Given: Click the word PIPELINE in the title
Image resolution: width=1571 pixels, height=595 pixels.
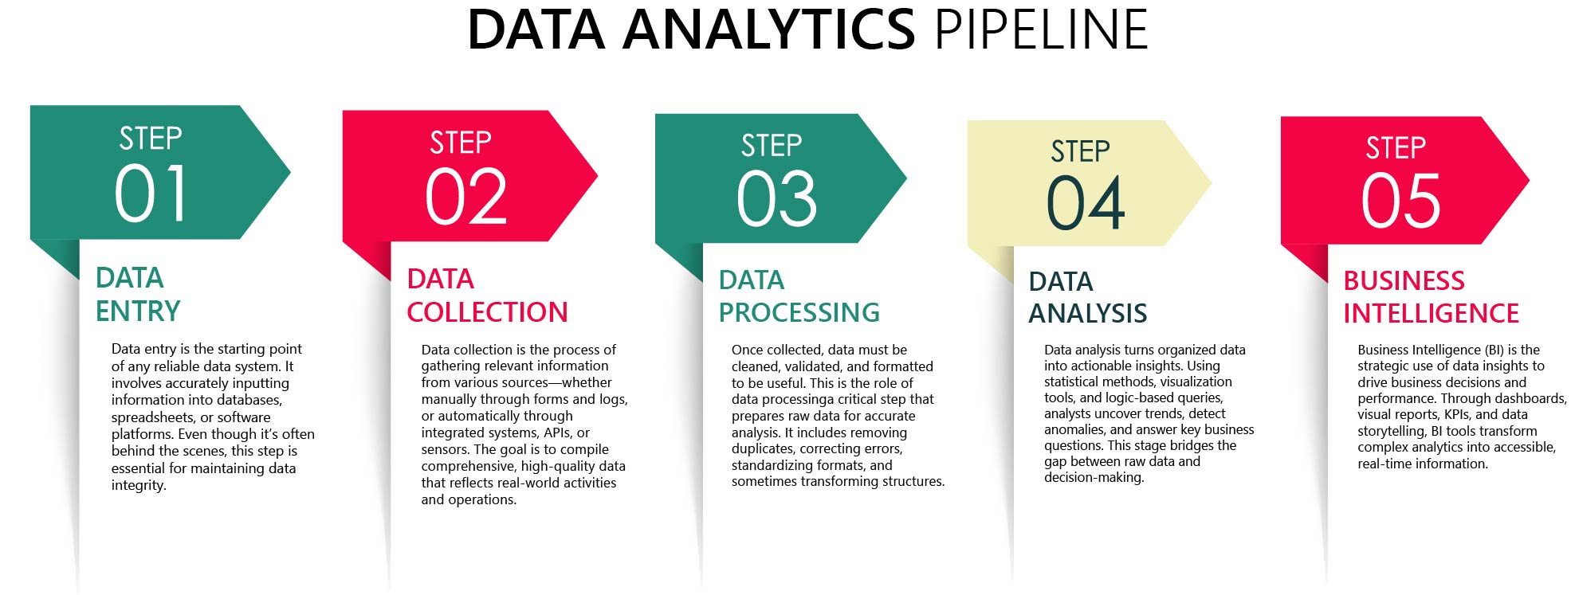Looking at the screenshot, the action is [1041, 29].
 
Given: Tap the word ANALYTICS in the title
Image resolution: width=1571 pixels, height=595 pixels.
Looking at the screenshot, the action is [769, 29].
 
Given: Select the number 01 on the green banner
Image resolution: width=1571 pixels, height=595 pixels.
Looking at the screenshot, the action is [151, 194].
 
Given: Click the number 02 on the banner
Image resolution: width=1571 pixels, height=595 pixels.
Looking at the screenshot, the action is [466, 197].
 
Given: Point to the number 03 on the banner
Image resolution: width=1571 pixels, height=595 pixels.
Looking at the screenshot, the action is [777, 199].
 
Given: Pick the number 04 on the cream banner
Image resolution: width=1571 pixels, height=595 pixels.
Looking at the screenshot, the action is [1086, 203].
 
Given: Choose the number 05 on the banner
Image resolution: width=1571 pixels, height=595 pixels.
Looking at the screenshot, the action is [1400, 201].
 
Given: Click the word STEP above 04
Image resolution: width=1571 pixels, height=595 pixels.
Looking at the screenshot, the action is [1080, 151].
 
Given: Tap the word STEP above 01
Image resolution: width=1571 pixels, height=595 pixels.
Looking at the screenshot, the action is [151, 139].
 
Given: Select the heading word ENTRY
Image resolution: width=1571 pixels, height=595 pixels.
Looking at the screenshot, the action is [138, 311].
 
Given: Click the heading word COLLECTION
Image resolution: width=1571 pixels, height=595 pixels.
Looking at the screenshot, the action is [487, 311].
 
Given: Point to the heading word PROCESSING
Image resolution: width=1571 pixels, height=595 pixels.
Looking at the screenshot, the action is [799, 312].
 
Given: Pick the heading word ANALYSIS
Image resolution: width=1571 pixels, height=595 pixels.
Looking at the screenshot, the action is [1087, 314].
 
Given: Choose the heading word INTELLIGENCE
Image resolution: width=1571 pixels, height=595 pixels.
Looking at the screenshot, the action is [1431, 313].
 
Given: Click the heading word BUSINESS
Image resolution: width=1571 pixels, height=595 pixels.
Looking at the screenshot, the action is [1404, 280].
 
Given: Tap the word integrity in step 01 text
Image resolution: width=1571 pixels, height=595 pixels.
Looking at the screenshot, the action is [139, 485].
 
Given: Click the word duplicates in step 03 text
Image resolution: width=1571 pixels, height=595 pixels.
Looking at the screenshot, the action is [763, 449].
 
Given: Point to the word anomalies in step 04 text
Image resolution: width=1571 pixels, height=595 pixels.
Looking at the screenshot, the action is [1075, 429].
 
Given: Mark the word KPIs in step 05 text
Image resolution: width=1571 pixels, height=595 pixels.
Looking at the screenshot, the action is [1458, 414].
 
